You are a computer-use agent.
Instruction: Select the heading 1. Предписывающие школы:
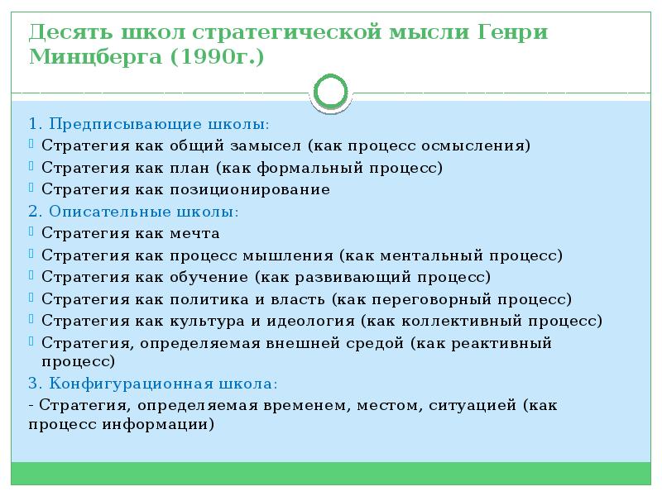148,124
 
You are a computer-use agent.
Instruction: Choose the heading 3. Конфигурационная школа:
152,384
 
